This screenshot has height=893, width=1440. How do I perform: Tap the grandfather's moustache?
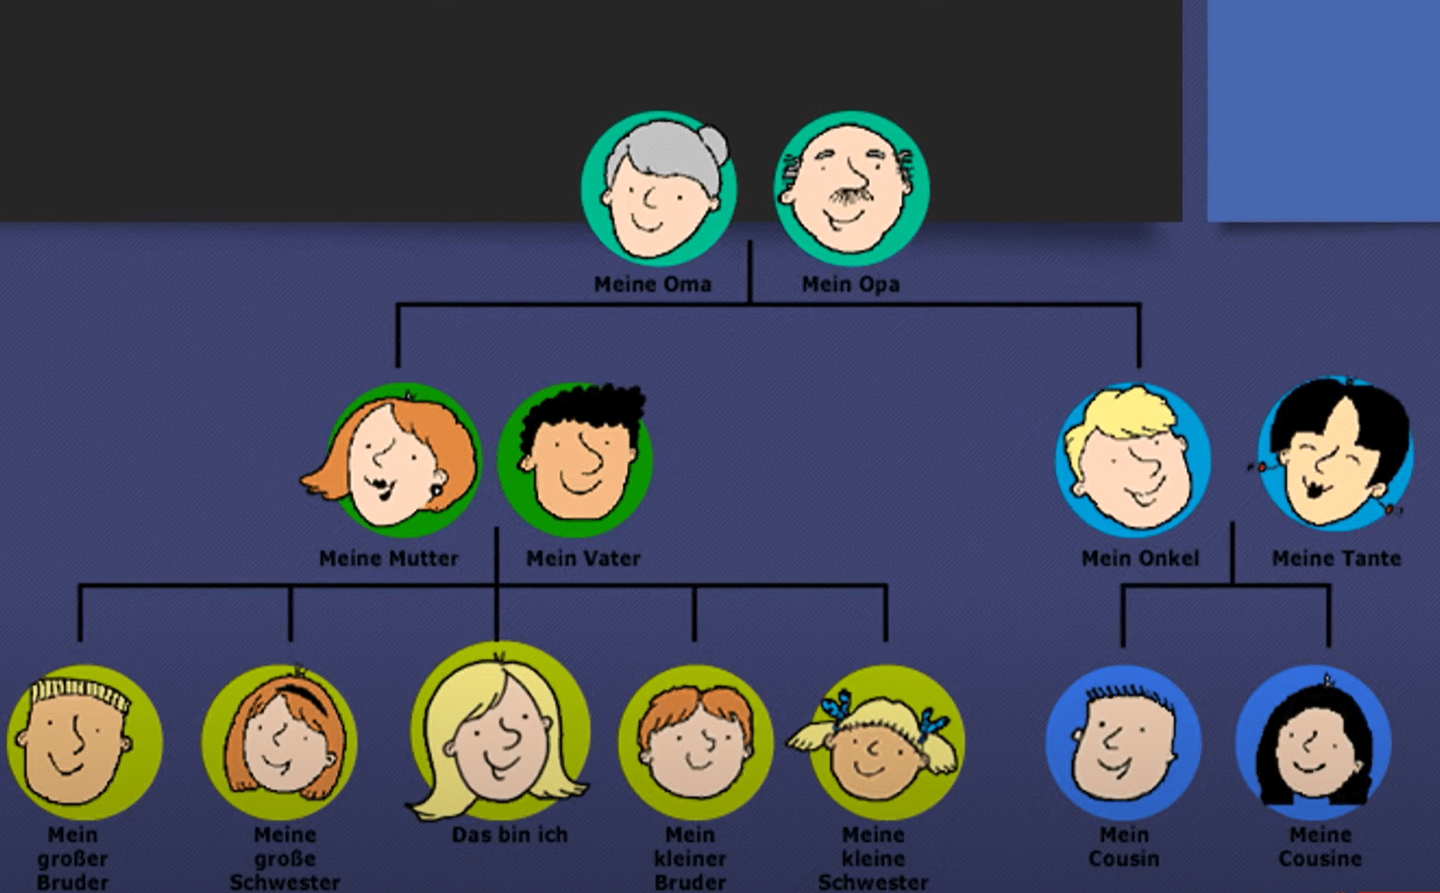847,197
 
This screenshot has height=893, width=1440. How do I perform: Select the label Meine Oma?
653,284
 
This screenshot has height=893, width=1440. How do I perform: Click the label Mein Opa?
851,284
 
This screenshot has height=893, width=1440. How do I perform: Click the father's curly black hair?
582,410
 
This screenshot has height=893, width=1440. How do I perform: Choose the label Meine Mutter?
389,559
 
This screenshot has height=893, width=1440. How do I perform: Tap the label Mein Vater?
583,559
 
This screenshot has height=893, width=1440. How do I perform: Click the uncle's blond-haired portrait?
1133,460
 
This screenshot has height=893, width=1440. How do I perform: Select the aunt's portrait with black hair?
1335,455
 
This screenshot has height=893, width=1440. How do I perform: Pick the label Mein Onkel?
1140,559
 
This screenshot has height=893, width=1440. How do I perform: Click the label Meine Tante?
1336,559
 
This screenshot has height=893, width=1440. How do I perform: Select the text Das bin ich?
510,835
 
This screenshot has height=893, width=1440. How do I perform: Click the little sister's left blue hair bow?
836,710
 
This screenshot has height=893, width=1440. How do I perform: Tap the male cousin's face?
1123,753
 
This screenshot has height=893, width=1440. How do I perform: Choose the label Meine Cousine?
1320,846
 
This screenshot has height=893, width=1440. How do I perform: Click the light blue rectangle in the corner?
1324,111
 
